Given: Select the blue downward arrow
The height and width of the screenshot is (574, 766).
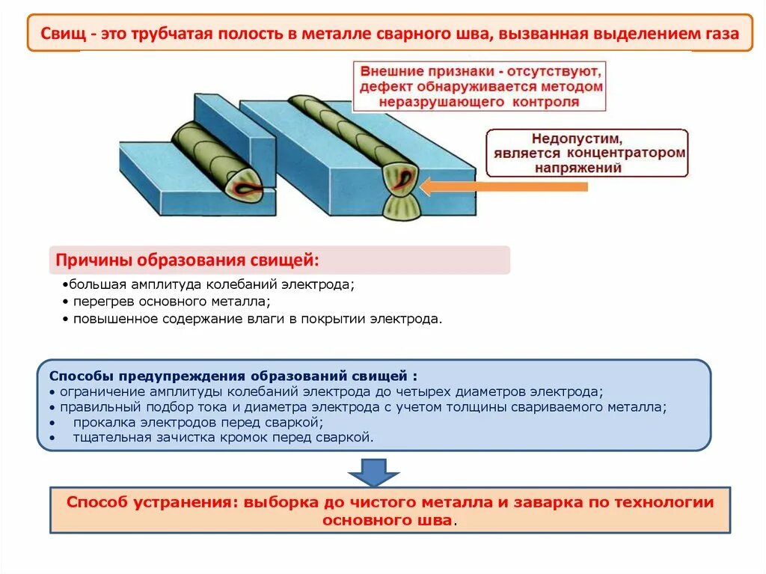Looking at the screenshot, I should [374, 471].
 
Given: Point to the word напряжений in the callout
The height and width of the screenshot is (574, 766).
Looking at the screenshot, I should [577, 168].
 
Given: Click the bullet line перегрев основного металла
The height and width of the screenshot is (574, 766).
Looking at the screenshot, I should [166, 302].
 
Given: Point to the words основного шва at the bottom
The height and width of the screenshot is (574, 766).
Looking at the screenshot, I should [387, 519].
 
